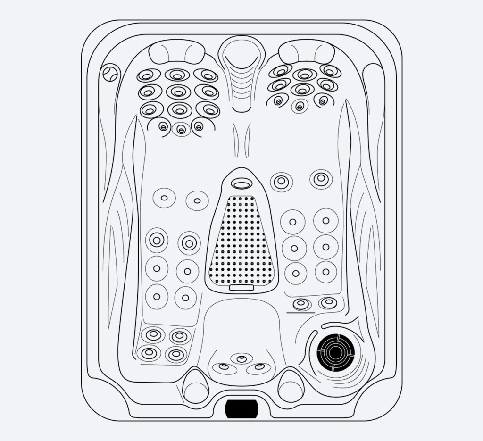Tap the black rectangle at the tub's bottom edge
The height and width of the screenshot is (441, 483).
pos(241,408)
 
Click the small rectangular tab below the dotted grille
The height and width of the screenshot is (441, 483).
pos(241,287)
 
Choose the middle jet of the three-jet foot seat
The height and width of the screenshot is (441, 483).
pos(241,359)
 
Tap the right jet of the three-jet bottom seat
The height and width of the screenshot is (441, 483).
pos(259,366)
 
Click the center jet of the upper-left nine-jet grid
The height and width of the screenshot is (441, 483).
pos(178,92)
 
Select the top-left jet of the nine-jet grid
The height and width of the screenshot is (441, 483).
pos(148,75)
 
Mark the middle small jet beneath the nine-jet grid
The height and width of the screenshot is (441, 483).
pos(181,129)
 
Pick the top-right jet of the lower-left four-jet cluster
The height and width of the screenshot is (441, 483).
pos(180,336)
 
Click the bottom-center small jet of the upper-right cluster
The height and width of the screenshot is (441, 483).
pos(300,106)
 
